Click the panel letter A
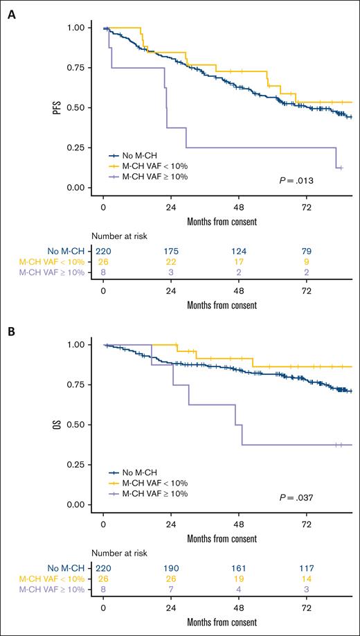coord(11,12)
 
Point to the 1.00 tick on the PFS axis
coord(80,28)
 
